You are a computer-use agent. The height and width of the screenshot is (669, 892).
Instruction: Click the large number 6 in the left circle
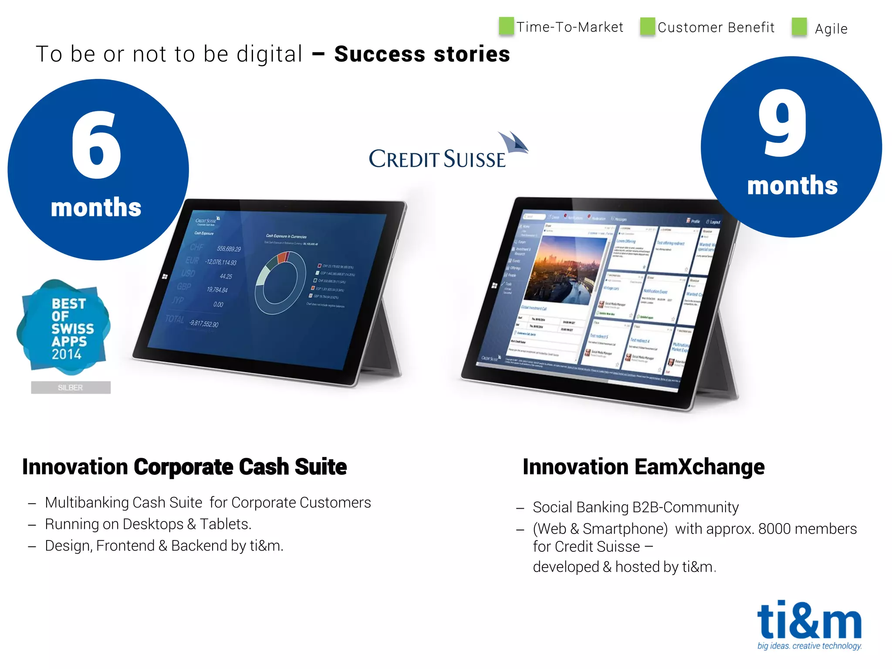click(x=97, y=146)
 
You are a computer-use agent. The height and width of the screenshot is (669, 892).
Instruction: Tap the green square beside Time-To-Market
click(x=506, y=26)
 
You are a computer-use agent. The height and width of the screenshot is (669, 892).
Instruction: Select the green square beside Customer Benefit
click(x=647, y=27)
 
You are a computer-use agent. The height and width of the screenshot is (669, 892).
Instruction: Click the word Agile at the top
click(x=831, y=29)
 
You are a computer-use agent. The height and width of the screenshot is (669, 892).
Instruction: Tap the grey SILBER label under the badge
click(x=71, y=387)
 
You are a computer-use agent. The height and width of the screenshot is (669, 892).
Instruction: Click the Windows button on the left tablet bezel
click(x=165, y=277)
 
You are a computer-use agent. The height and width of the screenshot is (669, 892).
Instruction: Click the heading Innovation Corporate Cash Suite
click(x=185, y=467)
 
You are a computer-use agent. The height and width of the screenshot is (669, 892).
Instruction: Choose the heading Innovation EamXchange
click(x=643, y=467)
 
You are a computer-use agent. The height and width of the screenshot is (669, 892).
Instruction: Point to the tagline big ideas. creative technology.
click(x=809, y=646)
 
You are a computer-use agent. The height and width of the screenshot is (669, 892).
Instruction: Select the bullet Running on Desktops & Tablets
click(x=148, y=524)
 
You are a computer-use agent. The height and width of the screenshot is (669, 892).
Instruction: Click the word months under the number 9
click(x=792, y=186)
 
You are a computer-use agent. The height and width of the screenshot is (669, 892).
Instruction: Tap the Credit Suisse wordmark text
click(x=437, y=159)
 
